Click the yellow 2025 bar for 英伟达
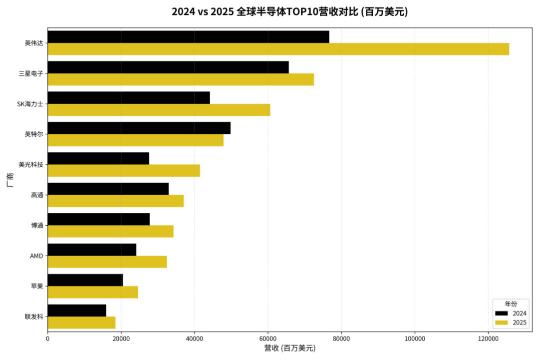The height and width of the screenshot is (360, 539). pyautogui.click(x=278, y=49)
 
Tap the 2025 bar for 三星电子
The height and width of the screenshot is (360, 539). pyautogui.click(x=181, y=79)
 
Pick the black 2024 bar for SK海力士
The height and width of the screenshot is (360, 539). pyautogui.click(x=129, y=97)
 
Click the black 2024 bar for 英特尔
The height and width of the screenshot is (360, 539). pyautogui.click(x=139, y=128)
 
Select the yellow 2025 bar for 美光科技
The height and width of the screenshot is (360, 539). pyautogui.click(x=124, y=170)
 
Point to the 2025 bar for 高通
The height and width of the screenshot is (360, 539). pyautogui.click(x=115, y=201)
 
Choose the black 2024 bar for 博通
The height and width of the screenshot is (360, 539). pyautogui.click(x=98, y=219)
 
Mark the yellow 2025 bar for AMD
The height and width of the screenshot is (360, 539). pyautogui.click(x=107, y=262)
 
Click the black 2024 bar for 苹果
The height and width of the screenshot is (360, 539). pyautogui.click(x=85, y=280)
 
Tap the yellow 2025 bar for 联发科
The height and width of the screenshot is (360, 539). pyautogui.click(x=81, y=323)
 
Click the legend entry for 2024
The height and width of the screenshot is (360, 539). pyautogui.click(x=510, y=313)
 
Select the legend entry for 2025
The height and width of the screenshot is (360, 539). pyautogui.click(x=510, y=323)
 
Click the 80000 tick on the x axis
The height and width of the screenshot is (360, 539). pyautogui.click(x=341, y=338)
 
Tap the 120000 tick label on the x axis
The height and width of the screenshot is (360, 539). pyautogui.click(x=488, y=338)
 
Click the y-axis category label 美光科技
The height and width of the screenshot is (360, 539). pyautogui.click(x=31, y=164)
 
